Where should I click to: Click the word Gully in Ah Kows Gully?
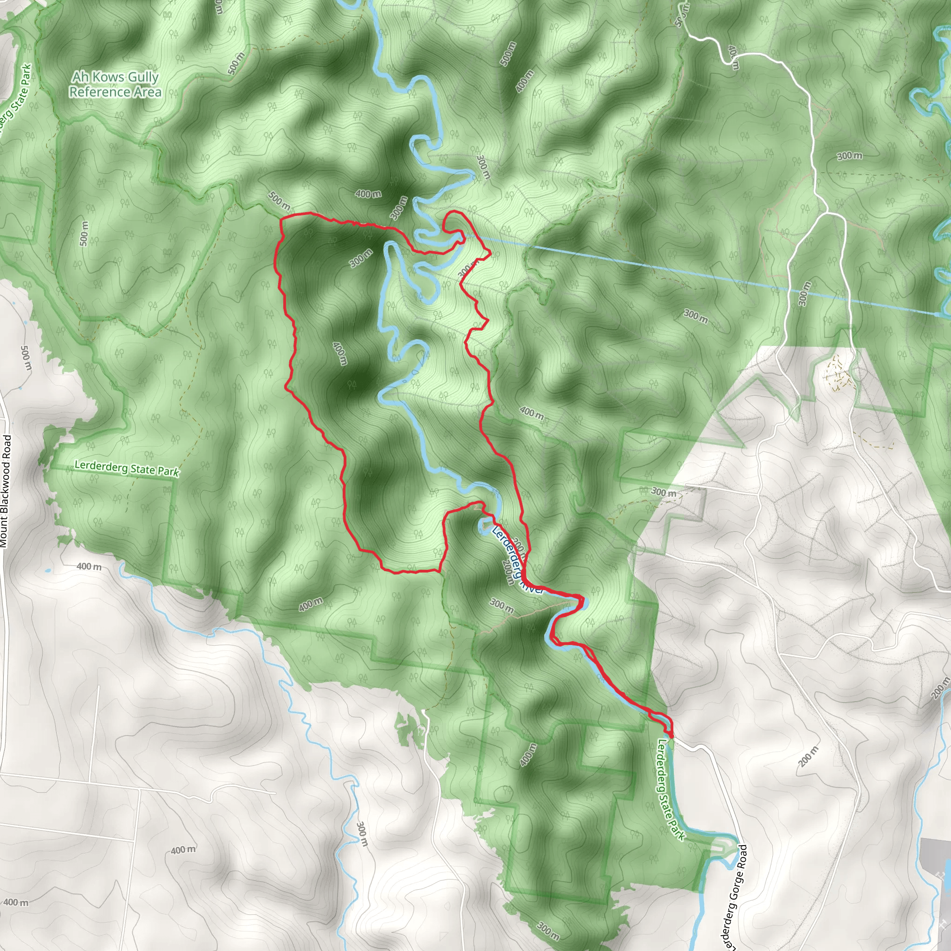[143, 77]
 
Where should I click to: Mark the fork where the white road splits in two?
[827, 213]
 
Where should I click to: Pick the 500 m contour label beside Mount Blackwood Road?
[26, 358]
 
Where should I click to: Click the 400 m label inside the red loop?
[339, 353]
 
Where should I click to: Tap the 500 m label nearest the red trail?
[279, 200]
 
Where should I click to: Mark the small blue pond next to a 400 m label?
[47, 571]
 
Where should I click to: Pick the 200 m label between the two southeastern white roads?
[808, 756]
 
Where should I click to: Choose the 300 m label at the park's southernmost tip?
[548, 929]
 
